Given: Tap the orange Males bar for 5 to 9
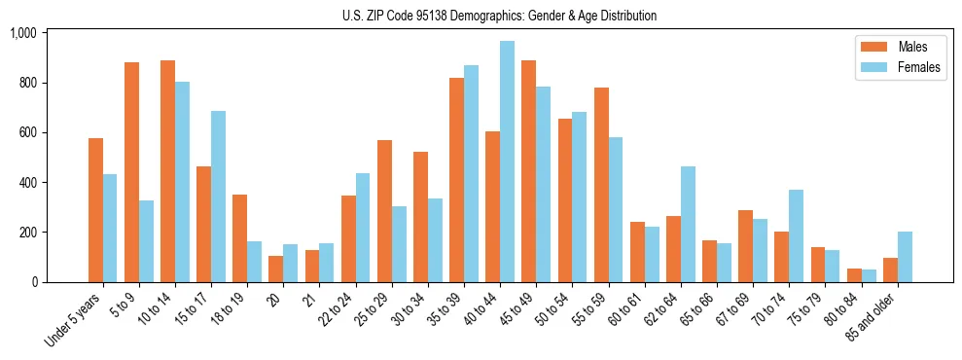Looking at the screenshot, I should [131, 172].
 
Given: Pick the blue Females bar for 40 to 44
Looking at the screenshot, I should [507, 162].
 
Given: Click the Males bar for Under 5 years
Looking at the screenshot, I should [95, 210].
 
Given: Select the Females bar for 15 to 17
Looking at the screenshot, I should [218, 197].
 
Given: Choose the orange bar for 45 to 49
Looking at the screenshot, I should [528, 171].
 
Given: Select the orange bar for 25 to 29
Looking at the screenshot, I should [384, 211].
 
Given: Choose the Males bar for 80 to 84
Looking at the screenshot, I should [854, 275].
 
